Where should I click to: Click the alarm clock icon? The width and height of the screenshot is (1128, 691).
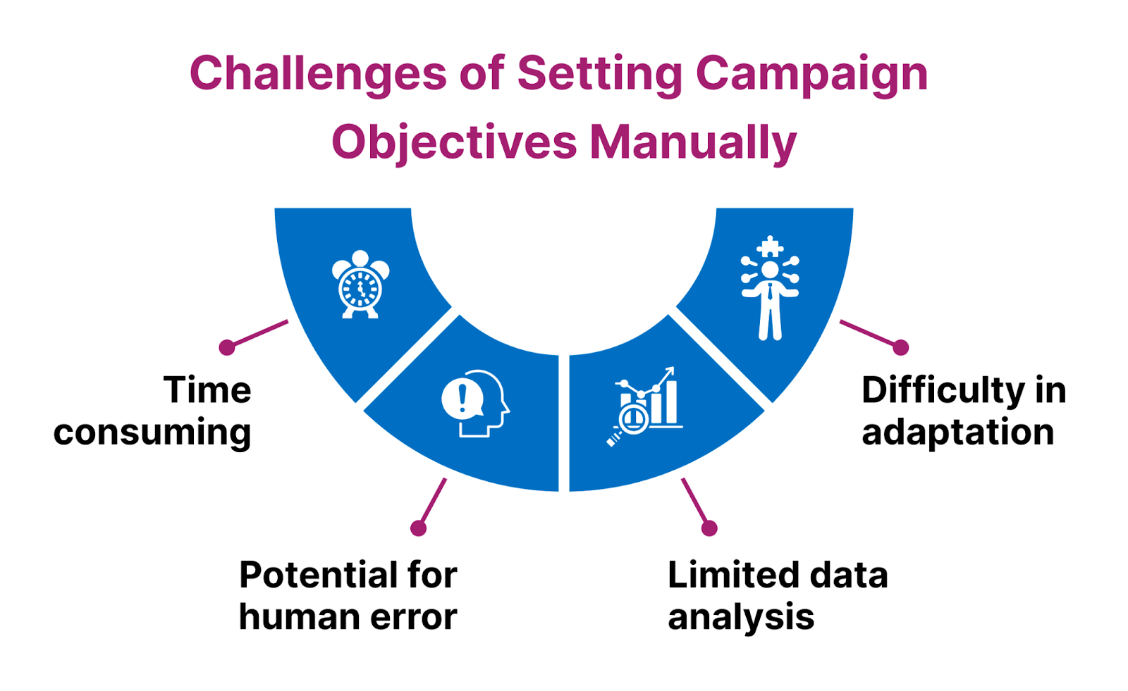pyautogui.click(x=360, y=285)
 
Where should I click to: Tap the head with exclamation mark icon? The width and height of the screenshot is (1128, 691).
pyautogui.click(x=474, y=404)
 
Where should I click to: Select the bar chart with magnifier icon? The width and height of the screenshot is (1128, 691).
pyautogui.click(x=645, y=407)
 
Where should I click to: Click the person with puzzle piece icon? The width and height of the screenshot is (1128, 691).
pyautogui.click(x=770, y=289)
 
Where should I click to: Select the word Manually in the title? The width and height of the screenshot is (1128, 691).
pyautogui.click(x=692, y=142)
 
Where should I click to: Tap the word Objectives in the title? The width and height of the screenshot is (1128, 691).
pyautogui.click(x=454, y=142)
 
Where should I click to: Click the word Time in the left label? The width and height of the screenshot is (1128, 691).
pyautogui.click(x=207, y=390)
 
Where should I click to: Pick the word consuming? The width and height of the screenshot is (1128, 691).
pyautogui.click(x=152, y=432)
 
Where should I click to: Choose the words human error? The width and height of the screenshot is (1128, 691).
pyautogui.click(x=348, y=617)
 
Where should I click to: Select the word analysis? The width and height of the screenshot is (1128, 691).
pyautogui.click(x=741, y=618)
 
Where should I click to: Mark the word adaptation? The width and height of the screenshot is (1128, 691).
pyautogui.click(x=957, y=432)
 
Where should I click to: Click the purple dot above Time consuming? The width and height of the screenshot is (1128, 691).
pyautogui.click(x=227, y=347)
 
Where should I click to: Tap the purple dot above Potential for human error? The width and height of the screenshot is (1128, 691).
pyautogui.click(x=419, y=528)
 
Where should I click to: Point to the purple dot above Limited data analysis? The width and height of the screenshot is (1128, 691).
pyautogui.click(x=709, y=528)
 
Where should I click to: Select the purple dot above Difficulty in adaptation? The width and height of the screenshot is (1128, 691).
pyautogui.click(x=900, y=347)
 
